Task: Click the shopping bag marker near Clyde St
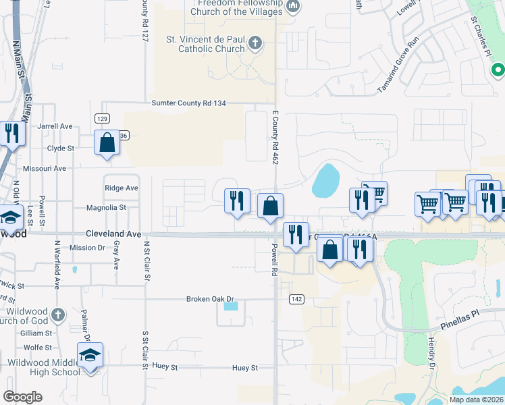107,142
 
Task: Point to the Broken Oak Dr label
210,298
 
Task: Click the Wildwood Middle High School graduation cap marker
90,356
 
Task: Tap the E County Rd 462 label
275,138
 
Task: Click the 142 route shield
296,298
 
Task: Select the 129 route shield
102,118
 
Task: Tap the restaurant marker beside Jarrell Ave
11,133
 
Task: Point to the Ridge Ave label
122,188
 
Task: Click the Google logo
22,397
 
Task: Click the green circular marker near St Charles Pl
498,69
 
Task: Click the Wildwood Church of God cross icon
59,314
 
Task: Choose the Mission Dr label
87,248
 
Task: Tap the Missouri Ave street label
45,168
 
